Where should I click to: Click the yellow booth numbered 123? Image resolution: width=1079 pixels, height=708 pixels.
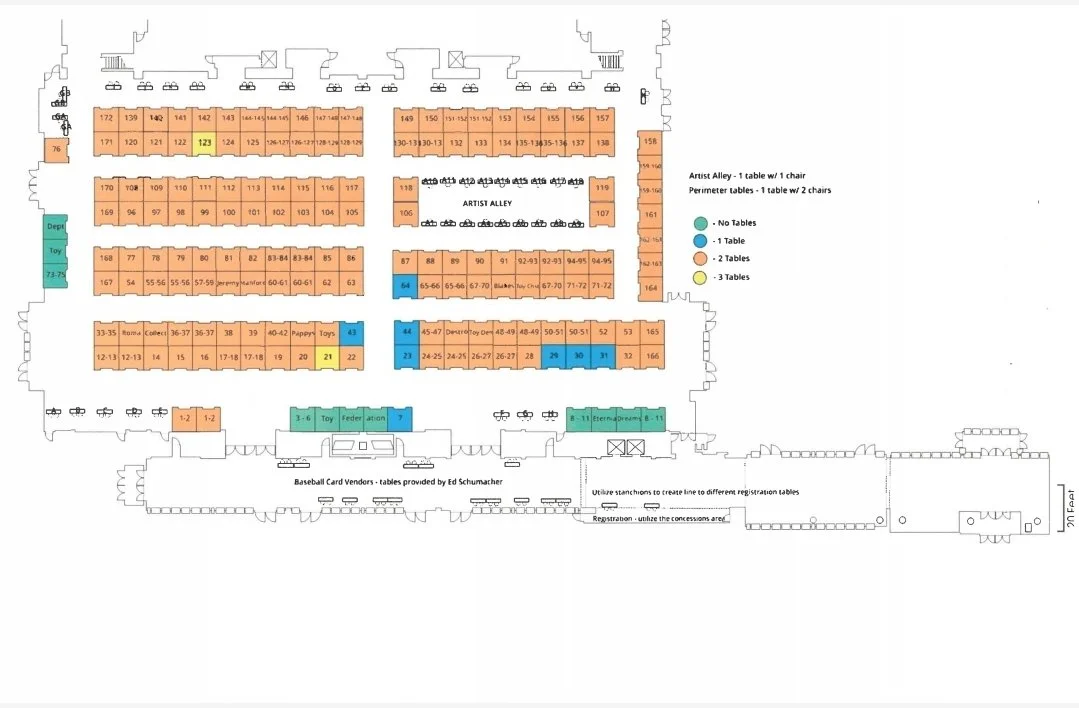(204, 142)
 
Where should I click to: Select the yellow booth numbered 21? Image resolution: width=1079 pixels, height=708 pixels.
(327, 357)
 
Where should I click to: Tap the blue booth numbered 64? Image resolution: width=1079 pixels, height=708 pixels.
(405, 285)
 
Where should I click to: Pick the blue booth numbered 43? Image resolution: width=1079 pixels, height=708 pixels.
(351, 332)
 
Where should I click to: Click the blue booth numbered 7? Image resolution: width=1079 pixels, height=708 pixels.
(399, 418)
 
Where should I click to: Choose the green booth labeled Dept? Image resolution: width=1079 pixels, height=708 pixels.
(55, 227)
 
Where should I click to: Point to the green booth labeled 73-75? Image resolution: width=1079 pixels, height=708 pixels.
(55, 274)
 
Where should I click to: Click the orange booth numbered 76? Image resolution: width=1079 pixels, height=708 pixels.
(56, 150)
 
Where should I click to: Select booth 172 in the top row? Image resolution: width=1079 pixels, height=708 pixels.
(106, 118)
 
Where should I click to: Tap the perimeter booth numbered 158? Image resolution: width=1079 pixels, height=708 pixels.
(651, 142)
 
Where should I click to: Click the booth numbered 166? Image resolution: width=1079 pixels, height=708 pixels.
(652, 356)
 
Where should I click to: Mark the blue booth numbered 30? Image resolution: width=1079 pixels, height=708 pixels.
(578, 356)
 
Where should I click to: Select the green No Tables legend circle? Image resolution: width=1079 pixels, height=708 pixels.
(701, 223)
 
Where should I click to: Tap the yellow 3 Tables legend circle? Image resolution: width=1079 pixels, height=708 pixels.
(701, 277)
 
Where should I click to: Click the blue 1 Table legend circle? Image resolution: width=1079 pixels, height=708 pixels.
(701, 241)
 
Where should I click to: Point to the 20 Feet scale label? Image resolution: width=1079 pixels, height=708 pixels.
(1068, 509)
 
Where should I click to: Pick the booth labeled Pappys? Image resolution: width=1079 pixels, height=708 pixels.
(303, 333)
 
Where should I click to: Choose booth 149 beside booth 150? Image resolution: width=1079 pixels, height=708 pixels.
(406, 119)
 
